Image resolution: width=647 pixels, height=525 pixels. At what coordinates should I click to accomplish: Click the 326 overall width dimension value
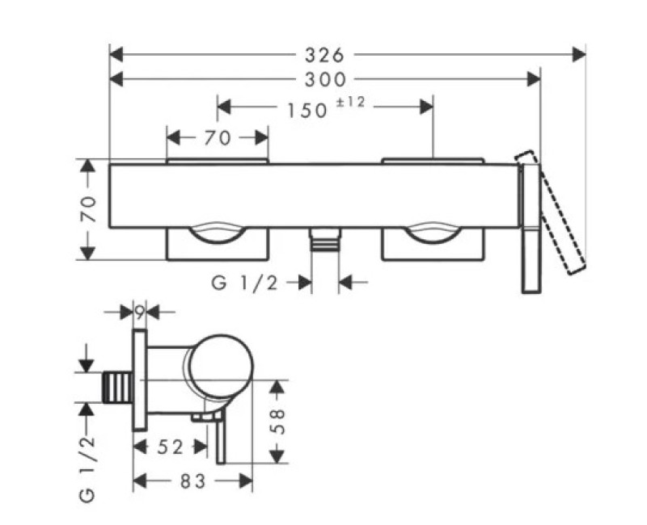[x=324, y=54]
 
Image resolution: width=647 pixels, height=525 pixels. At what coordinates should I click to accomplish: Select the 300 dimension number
[x=324, y=79]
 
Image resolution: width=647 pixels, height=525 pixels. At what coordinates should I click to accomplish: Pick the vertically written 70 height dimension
[x=91, y=209]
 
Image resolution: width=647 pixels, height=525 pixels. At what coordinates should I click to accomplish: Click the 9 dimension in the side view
[x=139, y=309]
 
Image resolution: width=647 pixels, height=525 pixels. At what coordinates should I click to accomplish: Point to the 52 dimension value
[x=169, y=446]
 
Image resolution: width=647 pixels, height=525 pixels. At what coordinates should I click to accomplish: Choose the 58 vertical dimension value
[x=277, y=420]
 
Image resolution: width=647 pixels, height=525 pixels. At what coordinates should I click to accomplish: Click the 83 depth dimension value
[x=193, y=481]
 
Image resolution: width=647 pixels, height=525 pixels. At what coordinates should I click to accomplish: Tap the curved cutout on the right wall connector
[x=433, y=233]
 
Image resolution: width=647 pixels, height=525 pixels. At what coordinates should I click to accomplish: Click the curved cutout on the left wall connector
[x=217, y=233]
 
